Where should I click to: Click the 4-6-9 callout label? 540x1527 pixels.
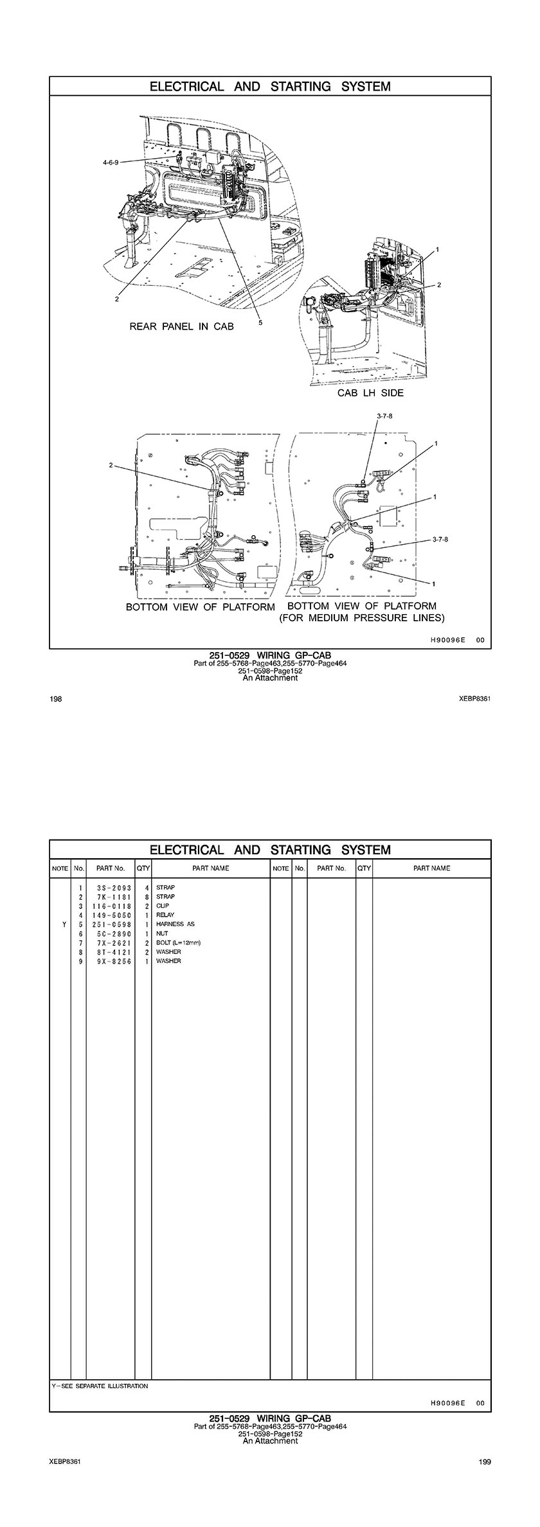coord(111,163)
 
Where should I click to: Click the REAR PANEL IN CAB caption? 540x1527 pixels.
coord(182,326)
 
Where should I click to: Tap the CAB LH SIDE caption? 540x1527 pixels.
coord(371,393)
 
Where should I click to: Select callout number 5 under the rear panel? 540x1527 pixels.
coord(260,323)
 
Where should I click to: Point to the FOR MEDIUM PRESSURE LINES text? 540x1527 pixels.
coord(362,618)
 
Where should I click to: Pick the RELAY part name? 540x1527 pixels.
coord(165,915)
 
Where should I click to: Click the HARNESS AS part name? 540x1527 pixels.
coord(175,924)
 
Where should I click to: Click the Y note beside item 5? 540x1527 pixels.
coord(64,924)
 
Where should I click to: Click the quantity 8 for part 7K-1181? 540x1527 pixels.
coord(147,897)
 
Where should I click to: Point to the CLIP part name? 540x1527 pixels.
coord(163,906)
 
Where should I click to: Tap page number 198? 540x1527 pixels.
coord(56,699)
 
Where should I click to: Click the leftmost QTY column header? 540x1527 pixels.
coord(143,869)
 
